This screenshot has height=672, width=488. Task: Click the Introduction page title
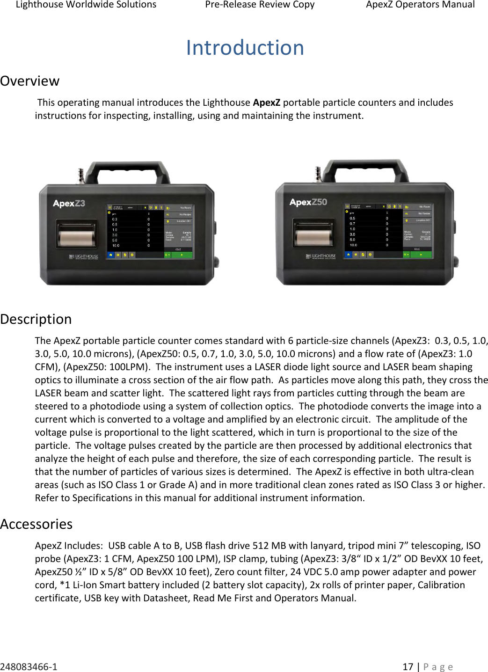tap(245, 48)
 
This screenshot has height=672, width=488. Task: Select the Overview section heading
tap(30, 81)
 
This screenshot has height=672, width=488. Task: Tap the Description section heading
tap(36, 319)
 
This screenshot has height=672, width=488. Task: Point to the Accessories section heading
tap(36, 524)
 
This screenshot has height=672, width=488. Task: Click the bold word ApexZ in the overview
tap(267, 102)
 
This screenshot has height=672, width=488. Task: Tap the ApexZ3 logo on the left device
tap(69, 204)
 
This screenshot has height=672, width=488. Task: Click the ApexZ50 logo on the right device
tap(308, 202)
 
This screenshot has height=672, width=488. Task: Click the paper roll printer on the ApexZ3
tap(77, 234)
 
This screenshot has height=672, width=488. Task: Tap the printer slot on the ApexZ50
tap(314, 233)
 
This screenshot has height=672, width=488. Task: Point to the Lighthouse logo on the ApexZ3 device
tap(84, 256)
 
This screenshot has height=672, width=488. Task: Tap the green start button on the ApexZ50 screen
tap(421, 255)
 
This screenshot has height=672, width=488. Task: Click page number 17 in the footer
tap(408, 666)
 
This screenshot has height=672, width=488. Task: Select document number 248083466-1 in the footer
tap(29, 666)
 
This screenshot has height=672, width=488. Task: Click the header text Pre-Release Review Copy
tap(260, 5)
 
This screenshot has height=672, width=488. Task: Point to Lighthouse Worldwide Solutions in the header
tap(86, 5)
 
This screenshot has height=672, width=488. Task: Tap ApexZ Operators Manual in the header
tap(420, 5)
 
